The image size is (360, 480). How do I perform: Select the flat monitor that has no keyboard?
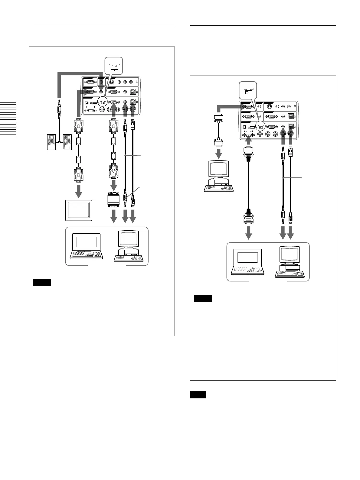79,210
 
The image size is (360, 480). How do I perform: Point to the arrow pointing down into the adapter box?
114,184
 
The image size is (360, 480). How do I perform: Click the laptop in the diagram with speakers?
86,246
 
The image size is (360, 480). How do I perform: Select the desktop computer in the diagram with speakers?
129,246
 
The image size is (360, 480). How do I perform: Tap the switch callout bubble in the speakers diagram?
114,65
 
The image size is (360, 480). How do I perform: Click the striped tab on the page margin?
8,119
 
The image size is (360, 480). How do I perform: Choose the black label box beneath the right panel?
198,394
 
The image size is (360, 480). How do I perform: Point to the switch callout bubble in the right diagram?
248,90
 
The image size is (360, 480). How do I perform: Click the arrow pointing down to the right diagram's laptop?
248,233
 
